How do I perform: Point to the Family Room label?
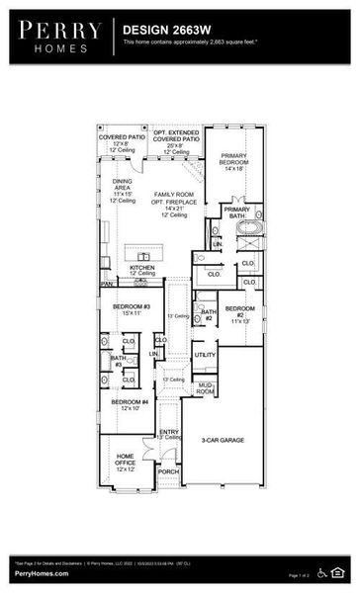point(175,202)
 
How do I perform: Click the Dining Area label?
point(122,188)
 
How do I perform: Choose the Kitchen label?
point(143,269)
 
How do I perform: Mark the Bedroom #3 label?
point(131,309)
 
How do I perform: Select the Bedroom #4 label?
point(130,404)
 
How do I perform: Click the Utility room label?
point(205,355)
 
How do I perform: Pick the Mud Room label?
point(206,388)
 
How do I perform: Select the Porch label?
point(168,471)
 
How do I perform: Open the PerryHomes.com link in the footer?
point(42,574)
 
